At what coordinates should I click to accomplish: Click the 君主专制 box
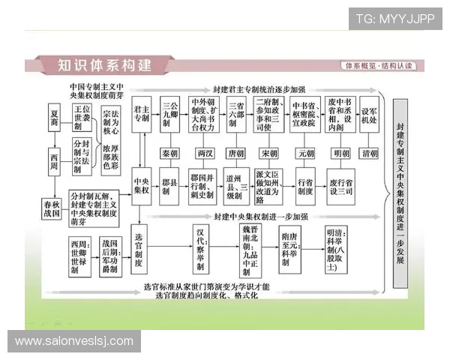click(x=141, y=113)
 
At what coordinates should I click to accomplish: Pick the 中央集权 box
click(x=141, y=185)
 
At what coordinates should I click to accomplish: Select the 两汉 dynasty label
click(x=204, y=153)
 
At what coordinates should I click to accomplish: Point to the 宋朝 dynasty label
click(x=269, y=153)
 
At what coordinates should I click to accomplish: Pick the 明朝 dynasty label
click(x=341, y=153)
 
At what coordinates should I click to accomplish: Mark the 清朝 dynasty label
click(x=370, y=153)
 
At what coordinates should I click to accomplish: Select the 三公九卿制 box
click(x=170, y=113)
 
